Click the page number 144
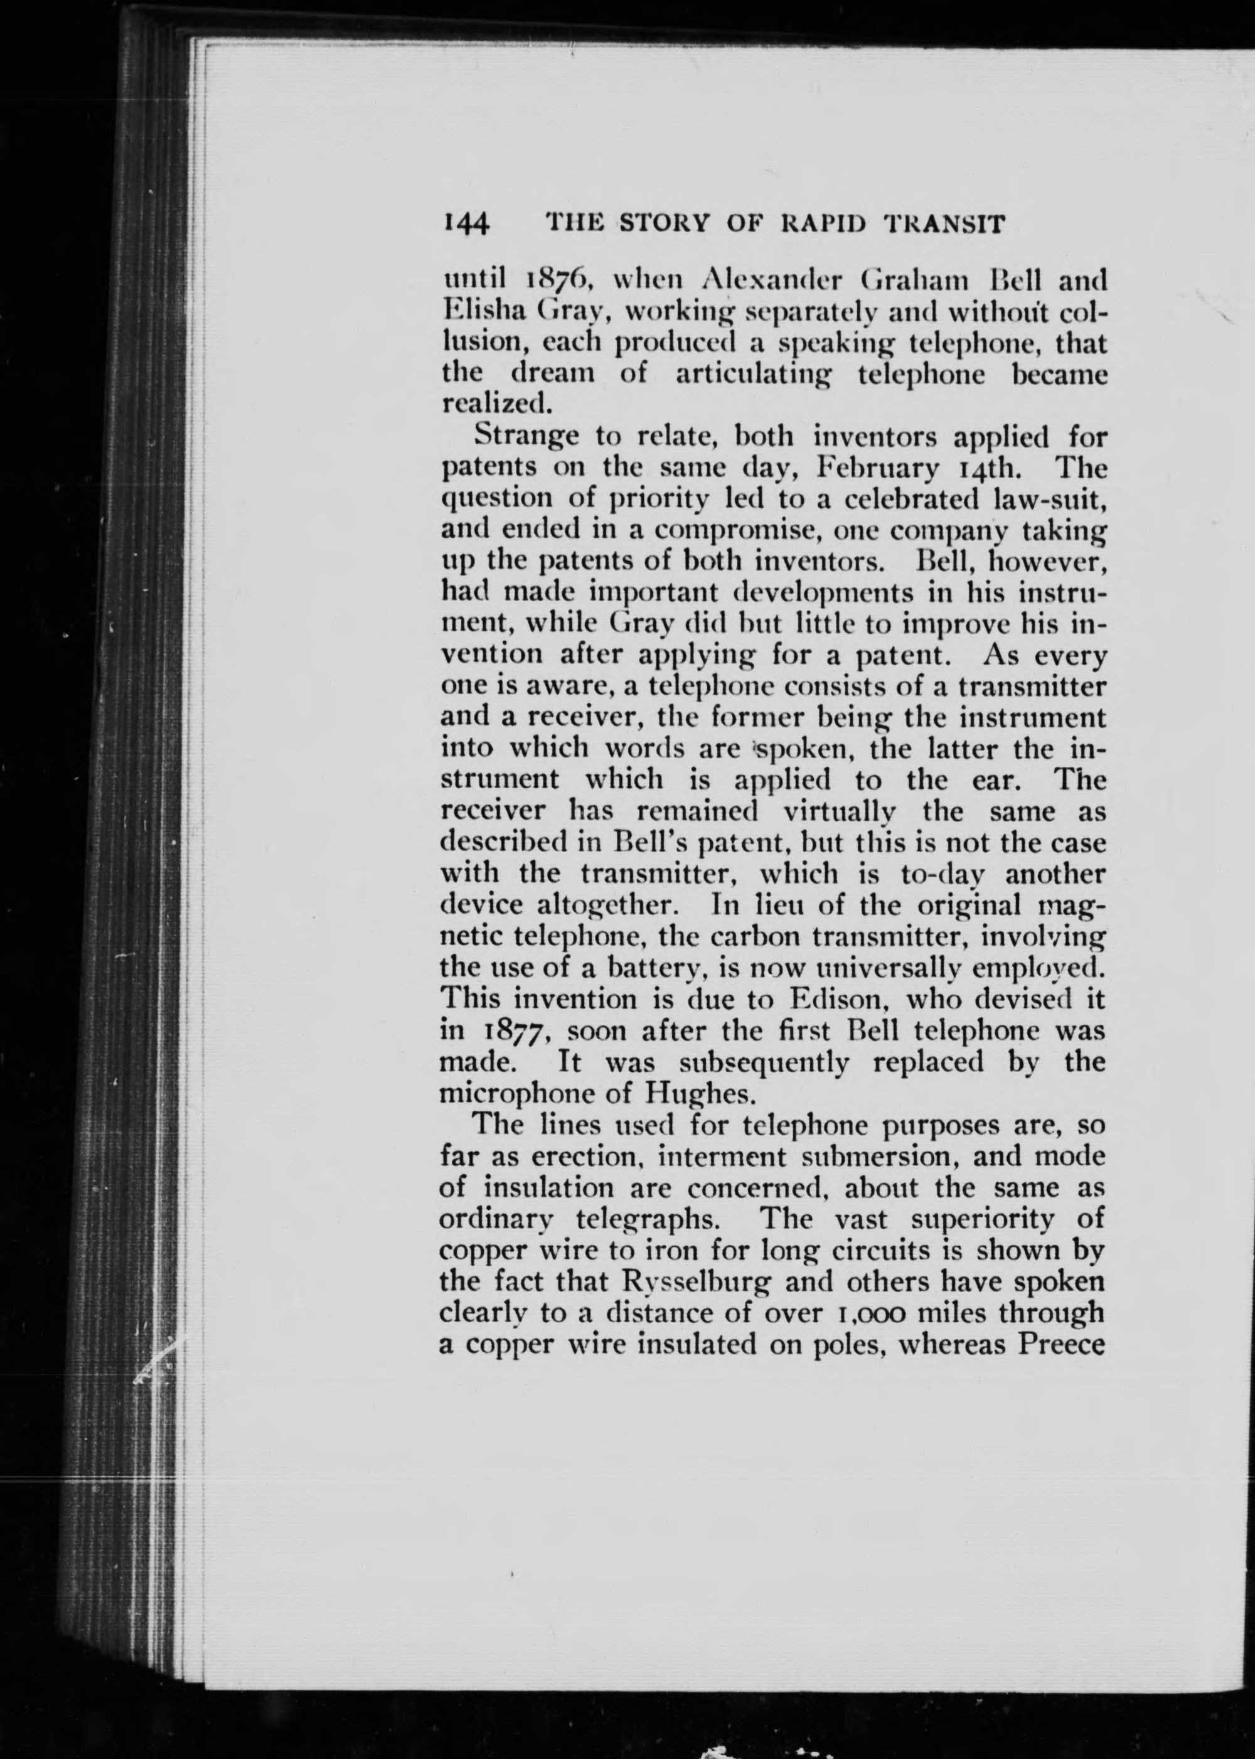(x=466, y=224)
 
